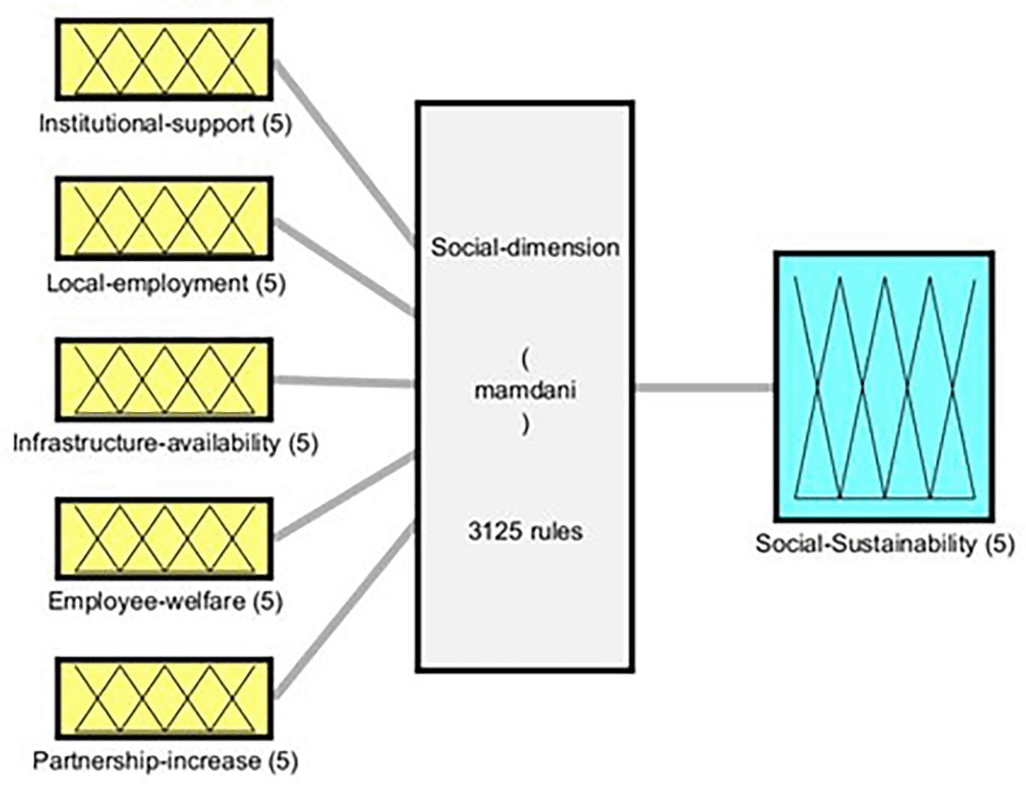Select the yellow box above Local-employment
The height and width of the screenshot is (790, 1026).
click(x=164, y=219)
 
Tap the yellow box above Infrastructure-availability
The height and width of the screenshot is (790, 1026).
click(x=164, y=379)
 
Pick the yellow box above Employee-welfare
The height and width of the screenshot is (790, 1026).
click(x=164, y=539)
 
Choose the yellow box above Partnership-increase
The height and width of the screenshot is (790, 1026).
click(x=164, y=698)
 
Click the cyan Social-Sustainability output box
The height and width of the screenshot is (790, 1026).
click(x=884, y=387)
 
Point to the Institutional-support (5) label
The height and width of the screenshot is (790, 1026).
click(x=165, y=123)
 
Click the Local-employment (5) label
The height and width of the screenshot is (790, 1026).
click(x=166, y=283)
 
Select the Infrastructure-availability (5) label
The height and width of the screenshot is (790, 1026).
click(x=165, y=443)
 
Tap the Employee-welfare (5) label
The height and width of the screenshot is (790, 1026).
click(x=165, y=602)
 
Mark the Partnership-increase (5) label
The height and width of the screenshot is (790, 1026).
click(x=165, y=761)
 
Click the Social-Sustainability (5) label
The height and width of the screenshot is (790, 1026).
click(x=884, y=543)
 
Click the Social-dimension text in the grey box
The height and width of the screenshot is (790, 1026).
click(x=525, y=248)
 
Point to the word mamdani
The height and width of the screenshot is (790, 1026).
click(x=525, y=391)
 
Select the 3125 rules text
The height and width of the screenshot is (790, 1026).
click(x=525, y=531)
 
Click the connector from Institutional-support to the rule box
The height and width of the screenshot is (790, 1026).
click(x=345, y=153)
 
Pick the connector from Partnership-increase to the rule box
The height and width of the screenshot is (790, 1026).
click(x=345, y=611)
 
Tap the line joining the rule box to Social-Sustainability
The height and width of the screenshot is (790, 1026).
click(x=703, y=387)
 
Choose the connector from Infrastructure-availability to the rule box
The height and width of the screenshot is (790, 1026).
click(x=345, y=382)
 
